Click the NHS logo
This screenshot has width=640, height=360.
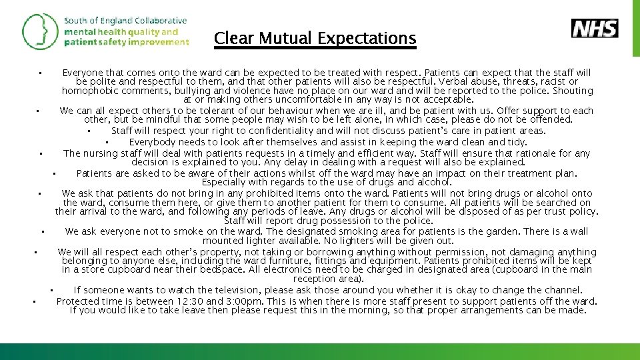point(595,28)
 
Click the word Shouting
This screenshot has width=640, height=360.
point(572,91)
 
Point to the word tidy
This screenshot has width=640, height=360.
point(517,142)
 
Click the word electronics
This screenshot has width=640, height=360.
point(302,271)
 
